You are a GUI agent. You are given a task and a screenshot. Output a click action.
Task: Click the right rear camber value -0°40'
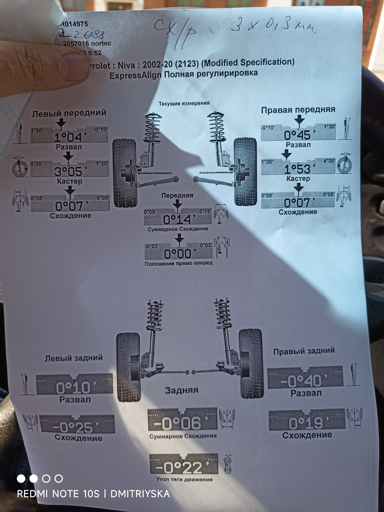(x=304, y=381)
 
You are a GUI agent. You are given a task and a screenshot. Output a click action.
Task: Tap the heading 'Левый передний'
(x=69, y=113)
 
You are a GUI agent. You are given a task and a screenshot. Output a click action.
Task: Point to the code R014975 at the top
(x=74, y=24)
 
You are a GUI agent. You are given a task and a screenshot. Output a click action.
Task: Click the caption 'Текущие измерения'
(x=184, y=103)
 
